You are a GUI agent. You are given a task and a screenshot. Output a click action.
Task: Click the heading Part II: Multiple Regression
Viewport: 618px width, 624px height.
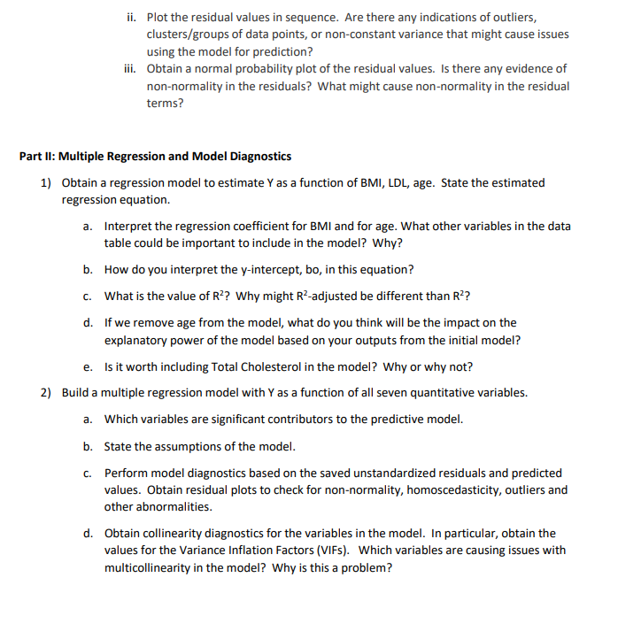tap(155, 156)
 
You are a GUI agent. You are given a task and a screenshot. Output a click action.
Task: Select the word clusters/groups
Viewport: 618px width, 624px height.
tap(185, 34)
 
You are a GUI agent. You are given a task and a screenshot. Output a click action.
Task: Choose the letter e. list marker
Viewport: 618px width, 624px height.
tap(89, 366)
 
